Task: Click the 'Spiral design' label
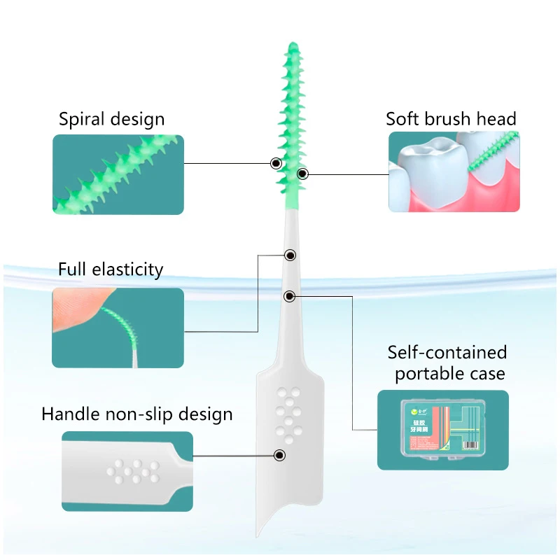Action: click(x=111, y=119)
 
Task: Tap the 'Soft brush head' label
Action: click(x=451, y=118)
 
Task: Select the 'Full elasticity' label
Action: click(x=111, y=269)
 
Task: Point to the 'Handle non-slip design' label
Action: click(x=136, y=414)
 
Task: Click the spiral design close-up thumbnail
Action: click(x=118, y=174)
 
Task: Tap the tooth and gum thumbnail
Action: click(x=454, y=172)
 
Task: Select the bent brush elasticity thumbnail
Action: click(x=118, y=328)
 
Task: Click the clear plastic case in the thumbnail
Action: click(x=442, y=429)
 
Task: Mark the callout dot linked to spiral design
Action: click(x=276, y=163)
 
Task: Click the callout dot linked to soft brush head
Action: click(x=302, y=173)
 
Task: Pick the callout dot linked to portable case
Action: click(x=289, y=296)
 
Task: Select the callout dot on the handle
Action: click(x=280, y=456)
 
